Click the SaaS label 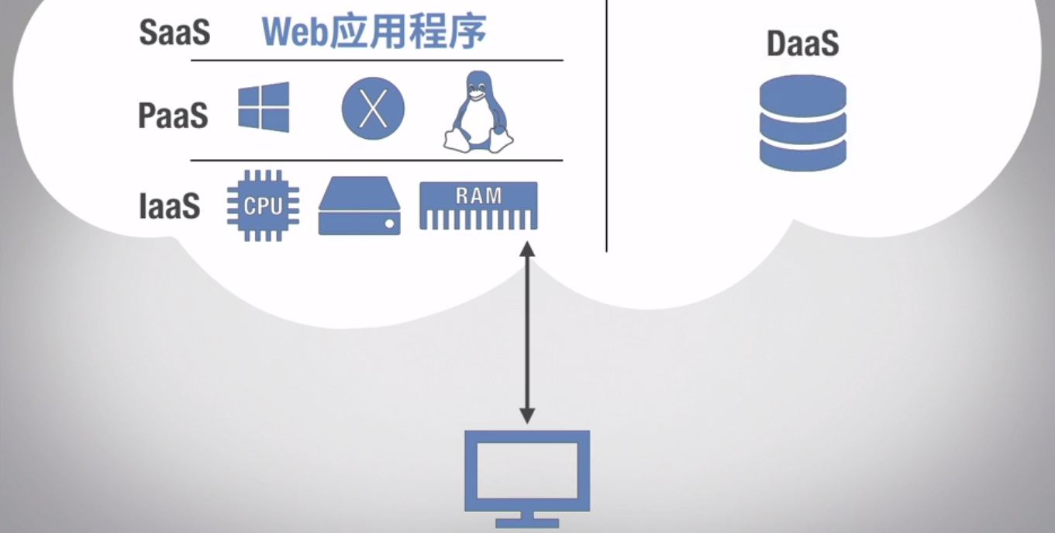coord(174,33)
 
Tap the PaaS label coord(173,116)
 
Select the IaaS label coord(170,206)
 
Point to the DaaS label coord(803,43)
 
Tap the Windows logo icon coord(264,107)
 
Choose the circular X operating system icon coord(373,109)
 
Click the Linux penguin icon coord(478,112)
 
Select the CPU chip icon coord(263,206)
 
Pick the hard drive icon coord(360,206)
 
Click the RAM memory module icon coord(478,206)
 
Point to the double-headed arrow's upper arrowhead coord(527,249)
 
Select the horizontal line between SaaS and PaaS coord(377,61)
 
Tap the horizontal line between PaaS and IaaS coord(377,161)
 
